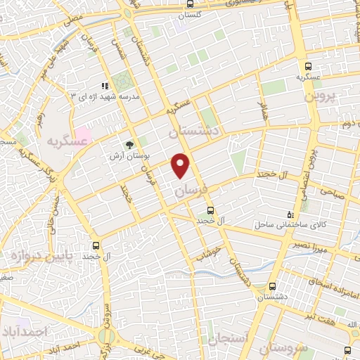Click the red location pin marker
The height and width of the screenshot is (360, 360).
pos(181,166)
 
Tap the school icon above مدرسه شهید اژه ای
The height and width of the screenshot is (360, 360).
pos(104,86)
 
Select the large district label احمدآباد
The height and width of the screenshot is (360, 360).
pos(29,330)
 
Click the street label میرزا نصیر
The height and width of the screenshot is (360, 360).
pos(310,245)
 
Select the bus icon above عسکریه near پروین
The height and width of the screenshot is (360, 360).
pos(304,63)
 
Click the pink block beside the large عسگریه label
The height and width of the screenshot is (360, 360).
pos(83,133)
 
